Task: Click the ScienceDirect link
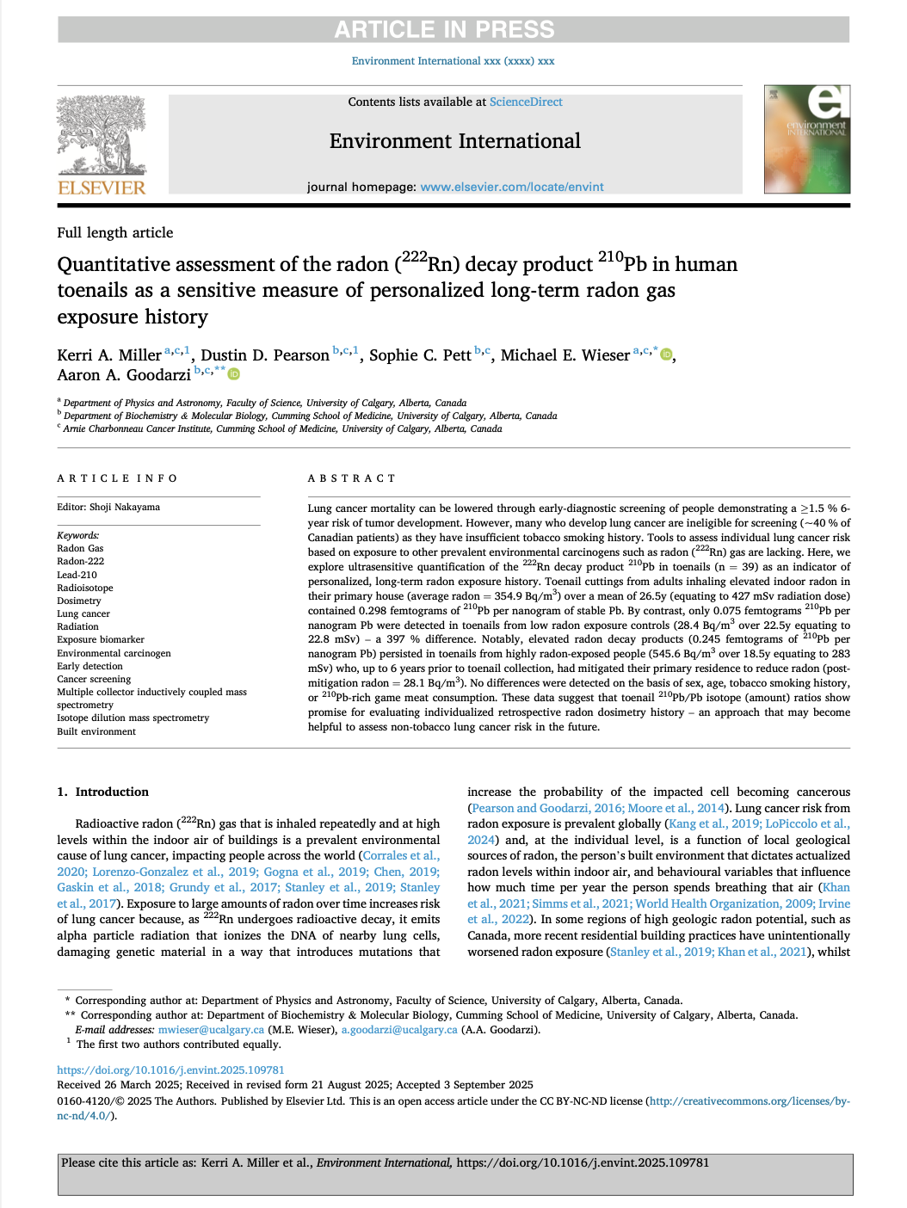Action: tap(526, 102)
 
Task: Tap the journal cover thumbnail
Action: tap(806, 139)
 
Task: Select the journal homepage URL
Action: tap(511, 187)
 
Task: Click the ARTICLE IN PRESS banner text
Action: tap(444, 29)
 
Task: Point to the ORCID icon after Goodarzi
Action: tap(234, 374)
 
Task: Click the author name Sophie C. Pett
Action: tap(420, 355)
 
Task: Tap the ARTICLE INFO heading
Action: tap(117, 478)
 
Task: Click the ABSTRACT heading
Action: tap(352, 478)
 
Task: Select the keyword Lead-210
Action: tap(77, 575)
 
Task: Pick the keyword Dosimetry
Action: tap(79, 601)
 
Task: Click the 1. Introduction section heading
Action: tap(102, 792)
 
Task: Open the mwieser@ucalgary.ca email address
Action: tap(211, 1030)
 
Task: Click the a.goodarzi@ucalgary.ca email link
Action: tap(399, 1030)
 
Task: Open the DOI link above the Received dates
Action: tap(170, 1069)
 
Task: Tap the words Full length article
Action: tap(115, 232)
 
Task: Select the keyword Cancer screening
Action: tap(94, 679)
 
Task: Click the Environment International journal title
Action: tap(454, 141)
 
